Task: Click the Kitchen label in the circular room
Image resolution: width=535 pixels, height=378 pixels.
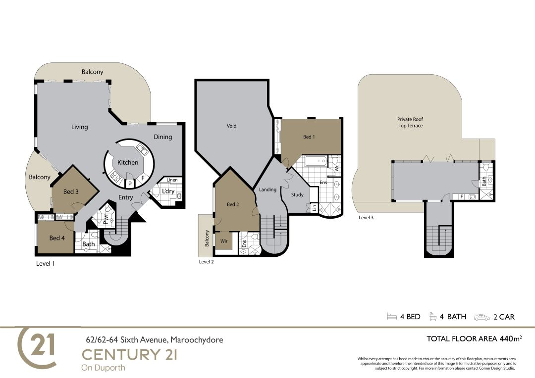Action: pos(128,163)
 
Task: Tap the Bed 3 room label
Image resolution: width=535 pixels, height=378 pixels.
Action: pos(71,191)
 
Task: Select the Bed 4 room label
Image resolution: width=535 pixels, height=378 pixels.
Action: pos(57,238)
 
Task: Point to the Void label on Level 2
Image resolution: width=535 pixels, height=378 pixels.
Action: pos(232,126)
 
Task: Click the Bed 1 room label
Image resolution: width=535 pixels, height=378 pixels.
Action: pos(309,137)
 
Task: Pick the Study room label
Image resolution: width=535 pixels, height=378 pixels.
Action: pos(297,194)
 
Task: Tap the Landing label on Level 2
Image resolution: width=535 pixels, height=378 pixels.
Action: pos(267,189)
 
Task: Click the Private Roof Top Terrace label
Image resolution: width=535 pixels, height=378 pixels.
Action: pos(410,122)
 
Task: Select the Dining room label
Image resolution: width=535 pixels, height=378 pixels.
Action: pos(163,137)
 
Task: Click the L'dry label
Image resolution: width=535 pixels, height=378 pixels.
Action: pos(168,191)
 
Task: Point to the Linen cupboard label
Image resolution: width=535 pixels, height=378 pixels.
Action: pos(172,180)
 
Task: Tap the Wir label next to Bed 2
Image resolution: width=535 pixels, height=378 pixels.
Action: pos(224,241)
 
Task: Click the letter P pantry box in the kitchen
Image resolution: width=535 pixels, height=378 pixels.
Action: pos(130,184)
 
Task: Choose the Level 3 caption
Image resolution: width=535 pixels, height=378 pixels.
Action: pos(366,218)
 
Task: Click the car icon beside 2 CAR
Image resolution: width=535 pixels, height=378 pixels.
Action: pos(482,317)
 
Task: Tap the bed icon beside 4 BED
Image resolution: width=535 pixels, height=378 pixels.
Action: pos(392,317)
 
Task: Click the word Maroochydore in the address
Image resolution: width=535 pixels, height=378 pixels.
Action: pos(197,340)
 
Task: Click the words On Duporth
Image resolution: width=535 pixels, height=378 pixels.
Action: pos(104,368)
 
